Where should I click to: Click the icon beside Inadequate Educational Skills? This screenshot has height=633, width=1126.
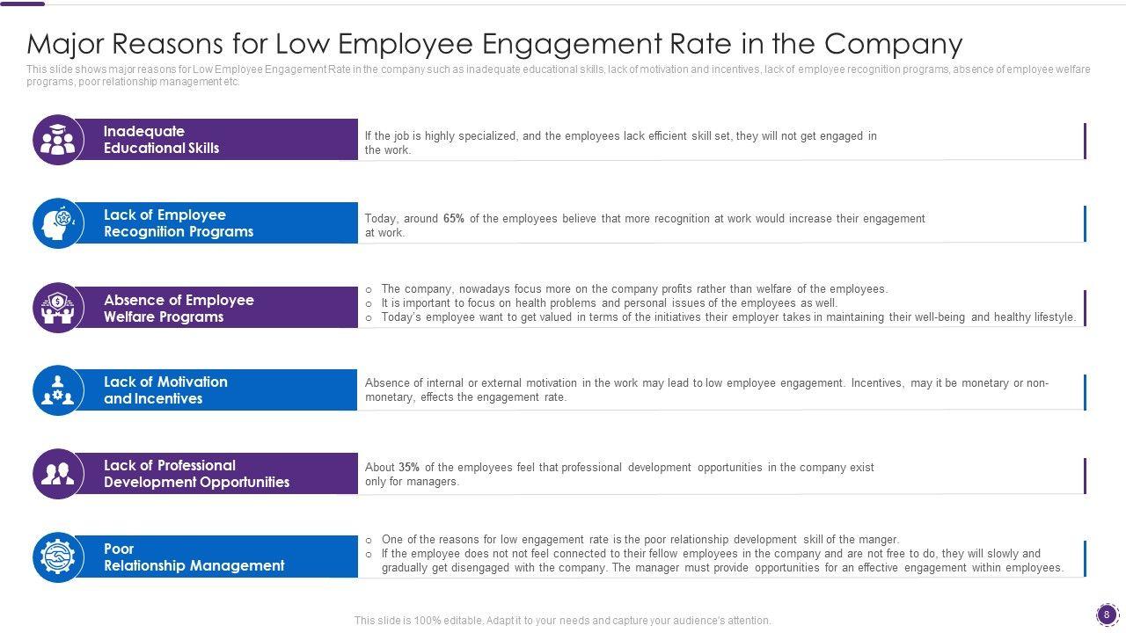(58, 140)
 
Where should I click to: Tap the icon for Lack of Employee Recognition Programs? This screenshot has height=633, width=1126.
(58, 223)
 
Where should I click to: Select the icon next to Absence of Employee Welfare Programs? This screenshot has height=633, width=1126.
(58, 308)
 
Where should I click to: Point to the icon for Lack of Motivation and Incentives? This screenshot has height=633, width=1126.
(58, 390)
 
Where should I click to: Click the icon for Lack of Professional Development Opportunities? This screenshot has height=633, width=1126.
(58, 474)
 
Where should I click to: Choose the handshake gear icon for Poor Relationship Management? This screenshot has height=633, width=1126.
(58, 557)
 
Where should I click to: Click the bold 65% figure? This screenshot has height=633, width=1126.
(454, 219)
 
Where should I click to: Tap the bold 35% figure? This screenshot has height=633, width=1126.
(409, 468)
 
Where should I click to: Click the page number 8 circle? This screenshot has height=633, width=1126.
(1107, 615)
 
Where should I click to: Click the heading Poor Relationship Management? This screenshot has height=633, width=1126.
(194, 557)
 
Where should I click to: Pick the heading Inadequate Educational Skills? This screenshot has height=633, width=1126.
(161, 140)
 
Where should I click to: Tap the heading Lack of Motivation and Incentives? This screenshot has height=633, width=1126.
(165, 390)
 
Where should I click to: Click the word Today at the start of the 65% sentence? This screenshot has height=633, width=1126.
(381, 219)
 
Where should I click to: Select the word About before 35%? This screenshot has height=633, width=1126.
(380, 468)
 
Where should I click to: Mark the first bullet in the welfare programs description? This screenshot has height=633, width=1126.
(369, 289)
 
